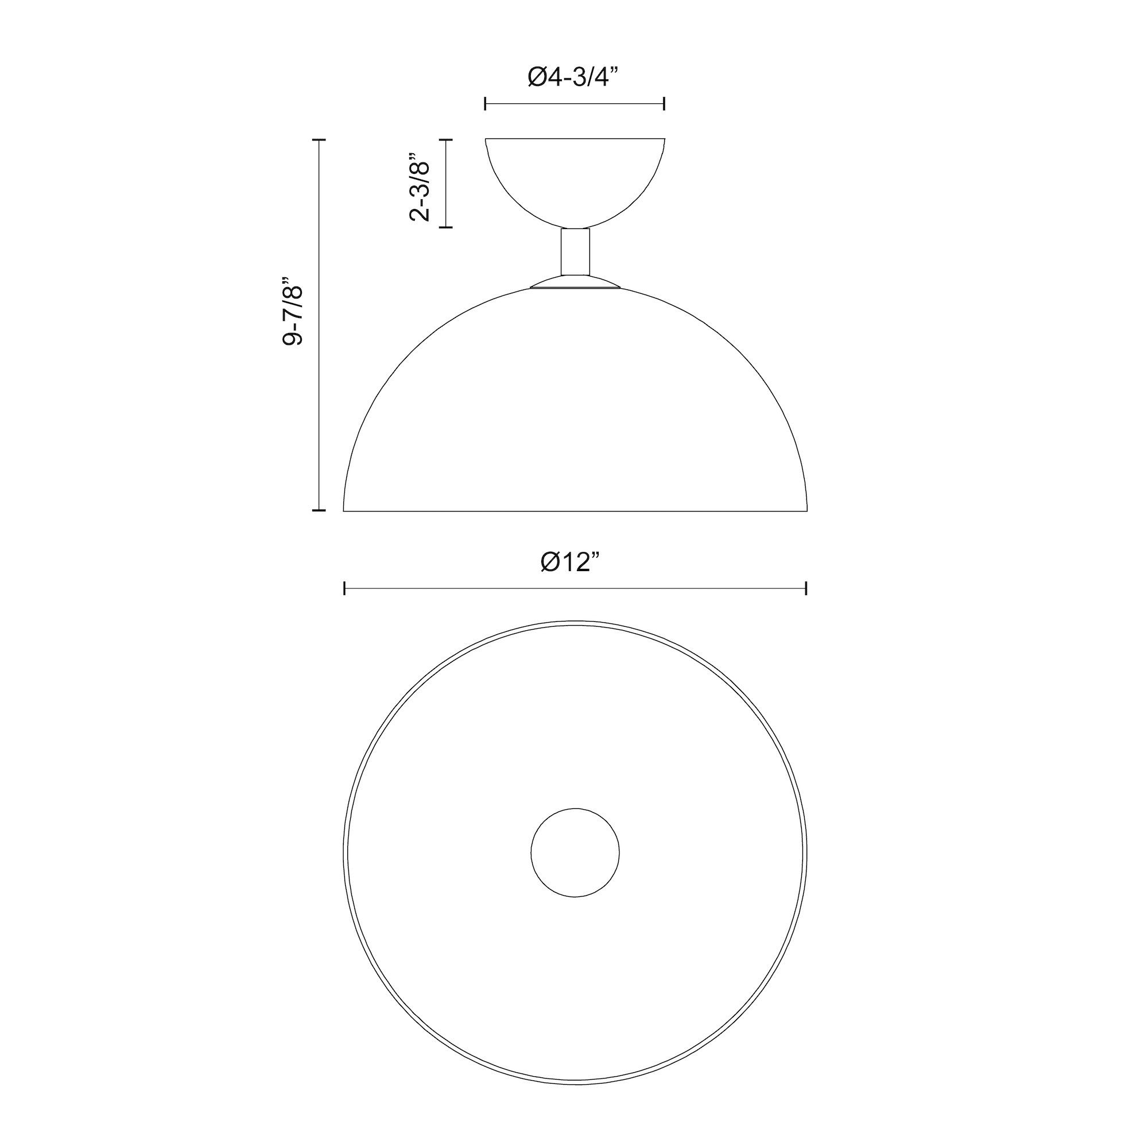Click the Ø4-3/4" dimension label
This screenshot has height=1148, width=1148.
(573, 77)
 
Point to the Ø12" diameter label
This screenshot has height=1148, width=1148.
(575, 561)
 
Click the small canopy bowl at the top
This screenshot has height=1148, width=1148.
(575, 179)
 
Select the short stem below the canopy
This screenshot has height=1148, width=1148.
(575, 251)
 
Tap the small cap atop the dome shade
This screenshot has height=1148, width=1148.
(575, 283)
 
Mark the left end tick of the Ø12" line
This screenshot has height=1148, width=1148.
(344, 589)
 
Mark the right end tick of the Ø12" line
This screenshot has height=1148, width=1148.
(806, 589)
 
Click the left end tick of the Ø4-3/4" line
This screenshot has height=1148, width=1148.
(486, 104)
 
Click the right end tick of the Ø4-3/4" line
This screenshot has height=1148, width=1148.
(664, 104)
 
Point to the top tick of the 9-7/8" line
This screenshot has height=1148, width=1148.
(319, 139)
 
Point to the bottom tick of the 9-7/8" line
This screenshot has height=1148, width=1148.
(319, 510)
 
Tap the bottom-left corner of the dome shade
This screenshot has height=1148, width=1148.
(344, 510)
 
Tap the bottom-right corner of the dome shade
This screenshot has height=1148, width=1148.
(806, 510)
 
